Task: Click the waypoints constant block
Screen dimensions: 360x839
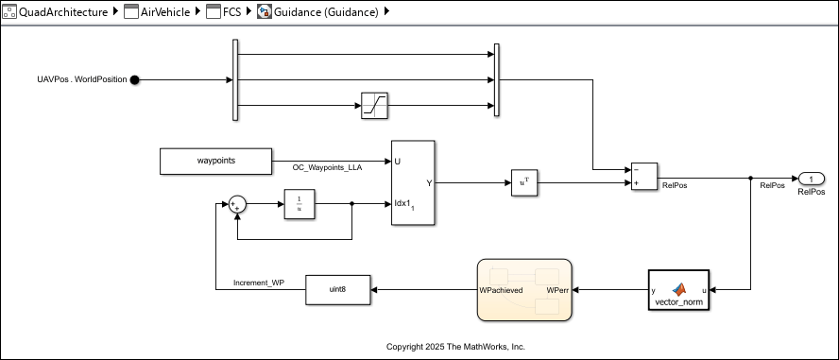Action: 215,162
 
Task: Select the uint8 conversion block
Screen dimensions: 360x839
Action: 337,290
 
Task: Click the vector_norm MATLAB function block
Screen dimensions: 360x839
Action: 679,290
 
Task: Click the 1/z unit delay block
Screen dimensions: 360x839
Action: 298,203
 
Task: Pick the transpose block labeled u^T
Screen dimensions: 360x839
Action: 523,183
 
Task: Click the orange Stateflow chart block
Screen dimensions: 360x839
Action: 524,290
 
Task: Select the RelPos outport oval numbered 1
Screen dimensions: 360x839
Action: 811,179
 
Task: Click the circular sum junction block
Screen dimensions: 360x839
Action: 236,203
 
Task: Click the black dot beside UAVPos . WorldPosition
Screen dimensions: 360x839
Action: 134,80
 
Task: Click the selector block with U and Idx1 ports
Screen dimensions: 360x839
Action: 413,183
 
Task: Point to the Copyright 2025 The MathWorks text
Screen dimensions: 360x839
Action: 455,347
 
